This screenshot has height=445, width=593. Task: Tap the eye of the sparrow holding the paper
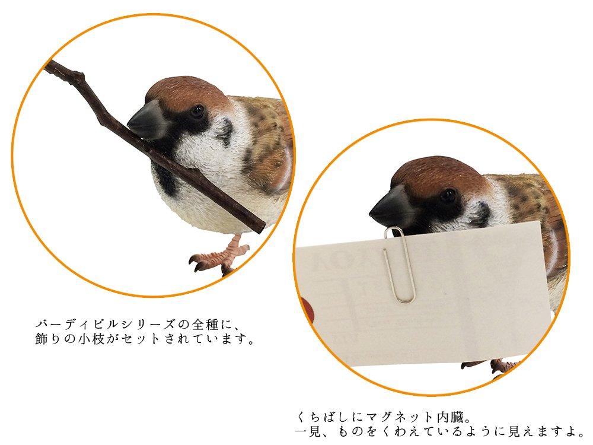coord(448,195)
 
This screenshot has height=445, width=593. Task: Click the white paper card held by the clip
coord(463,297)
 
